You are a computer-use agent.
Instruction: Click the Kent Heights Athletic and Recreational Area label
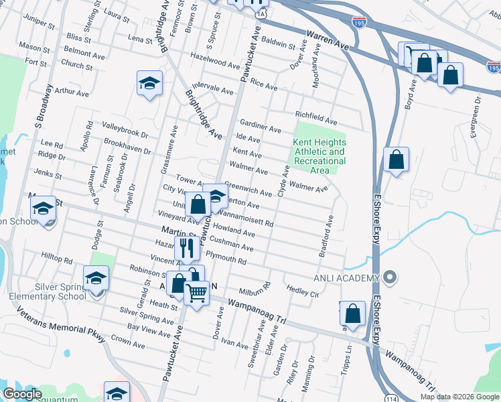coord(319,156)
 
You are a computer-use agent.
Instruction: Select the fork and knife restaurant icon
coord(186,249)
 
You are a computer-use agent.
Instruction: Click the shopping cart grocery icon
coord(196,291)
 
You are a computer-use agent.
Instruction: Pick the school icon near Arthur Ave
coord(149,83)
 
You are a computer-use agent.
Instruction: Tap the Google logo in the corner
coord(22,394)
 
